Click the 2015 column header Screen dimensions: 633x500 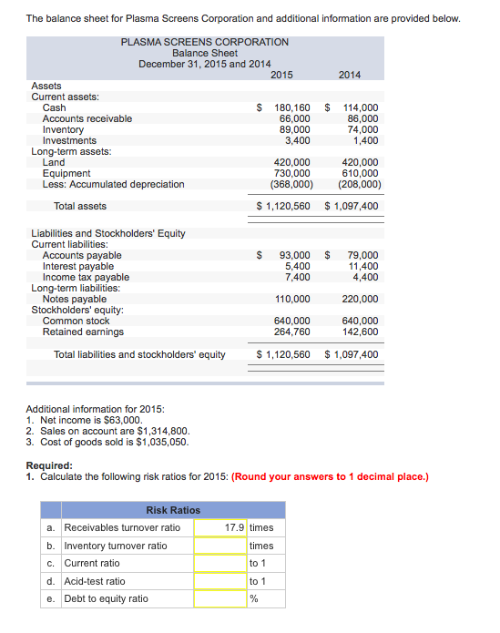pyautogui.click(x=282, y=74)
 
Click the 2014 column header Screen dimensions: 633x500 pyautogui.click(x=350, y=74)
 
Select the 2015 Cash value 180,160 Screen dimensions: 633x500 pyautogui.click(x=292, y=107)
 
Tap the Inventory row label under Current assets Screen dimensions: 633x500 pyautogui.click(x=63, y=129)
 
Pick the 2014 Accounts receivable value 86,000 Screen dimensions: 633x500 pyautogui.click(x=363, y=118)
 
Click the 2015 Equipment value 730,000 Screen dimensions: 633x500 pyautogui.click(x=292, y=173)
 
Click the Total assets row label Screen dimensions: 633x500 pyautogui.click(x=80, y=207)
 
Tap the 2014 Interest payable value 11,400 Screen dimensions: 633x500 pyautogui.click(x=363, y=266)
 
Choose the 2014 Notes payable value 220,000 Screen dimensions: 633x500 pyautogui.click(x=361, y=299)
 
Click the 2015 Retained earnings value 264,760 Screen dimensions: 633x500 pyautogui.click(x=292, y=332)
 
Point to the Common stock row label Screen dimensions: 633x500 pyautogui.click(x=76, y=321)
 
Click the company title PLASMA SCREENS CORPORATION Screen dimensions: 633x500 pyautogui.click(x=205, y=42)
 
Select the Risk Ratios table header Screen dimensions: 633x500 pyautogui.click(x=173, y=510)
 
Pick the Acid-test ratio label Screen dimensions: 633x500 pyautogui.click(x=95, y=581)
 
